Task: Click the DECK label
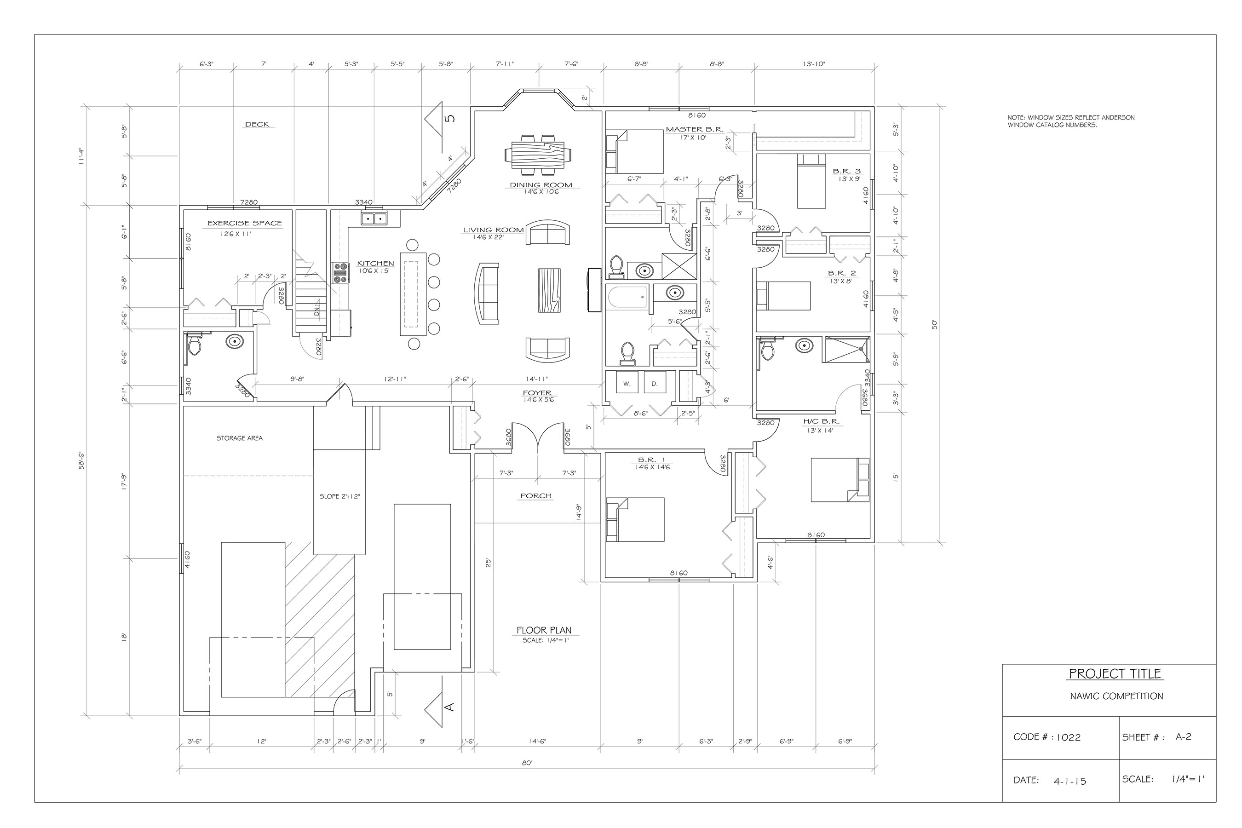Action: [257, 125]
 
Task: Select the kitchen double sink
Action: [374, 218]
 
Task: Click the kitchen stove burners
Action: [339, 273]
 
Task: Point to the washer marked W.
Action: [627, 384]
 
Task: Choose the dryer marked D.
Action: [655, 384]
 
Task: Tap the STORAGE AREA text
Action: [239, 438]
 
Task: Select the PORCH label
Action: [536, 496]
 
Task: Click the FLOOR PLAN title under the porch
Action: [544, 630]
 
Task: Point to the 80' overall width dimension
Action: [527, 763]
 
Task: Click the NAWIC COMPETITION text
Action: [1116, 696]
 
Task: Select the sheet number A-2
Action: [1184, 736]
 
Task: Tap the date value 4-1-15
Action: [1070, 781]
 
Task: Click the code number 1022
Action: [1068, 738]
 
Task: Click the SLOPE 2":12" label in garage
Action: [339, 496]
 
